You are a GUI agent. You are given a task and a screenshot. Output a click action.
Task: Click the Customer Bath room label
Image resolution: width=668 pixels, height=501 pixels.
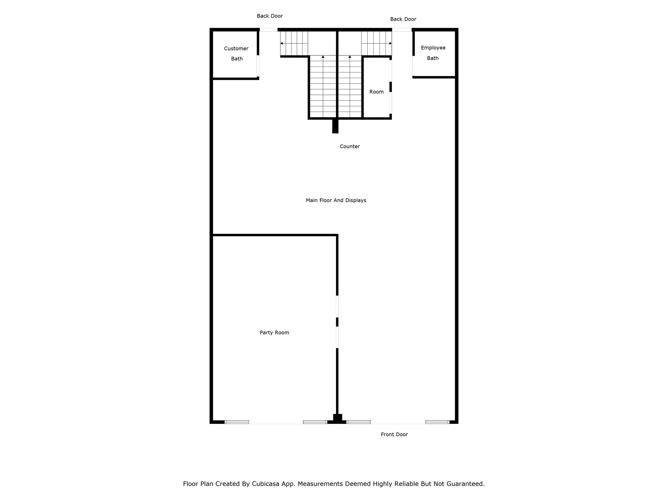point(236,53)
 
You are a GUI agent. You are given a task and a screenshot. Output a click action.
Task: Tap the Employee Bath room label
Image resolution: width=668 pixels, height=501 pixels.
point(433,53)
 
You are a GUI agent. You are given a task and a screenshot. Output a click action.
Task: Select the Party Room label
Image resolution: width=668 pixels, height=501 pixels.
point(274,332)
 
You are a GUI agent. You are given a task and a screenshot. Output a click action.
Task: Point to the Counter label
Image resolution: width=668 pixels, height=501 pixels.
point(349,146)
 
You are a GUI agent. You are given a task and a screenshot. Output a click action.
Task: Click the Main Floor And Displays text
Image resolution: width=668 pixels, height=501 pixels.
point(336,200)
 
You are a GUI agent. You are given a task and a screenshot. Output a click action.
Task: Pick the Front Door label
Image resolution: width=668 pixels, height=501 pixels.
point(394,434)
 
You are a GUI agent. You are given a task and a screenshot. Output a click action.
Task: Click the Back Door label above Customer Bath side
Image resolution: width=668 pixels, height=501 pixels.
point(270,16)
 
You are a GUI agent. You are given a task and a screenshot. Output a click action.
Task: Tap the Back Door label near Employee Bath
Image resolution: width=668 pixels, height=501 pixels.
point(403,19)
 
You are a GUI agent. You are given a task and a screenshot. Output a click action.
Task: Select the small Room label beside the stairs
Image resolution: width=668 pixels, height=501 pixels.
point(376,92)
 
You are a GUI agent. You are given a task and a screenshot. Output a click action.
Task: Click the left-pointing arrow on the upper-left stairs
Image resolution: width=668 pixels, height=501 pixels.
point(282,43)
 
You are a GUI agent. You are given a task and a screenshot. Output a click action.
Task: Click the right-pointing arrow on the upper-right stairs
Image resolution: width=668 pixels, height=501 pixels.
point(390,43)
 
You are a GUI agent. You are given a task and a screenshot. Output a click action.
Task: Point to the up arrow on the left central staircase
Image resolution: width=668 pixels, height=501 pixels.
point(323,57)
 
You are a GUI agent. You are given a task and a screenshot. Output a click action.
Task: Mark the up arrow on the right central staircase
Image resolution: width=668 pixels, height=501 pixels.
point(350,57)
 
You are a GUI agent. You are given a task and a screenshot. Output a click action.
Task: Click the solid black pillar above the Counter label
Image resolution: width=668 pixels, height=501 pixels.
point(335,126)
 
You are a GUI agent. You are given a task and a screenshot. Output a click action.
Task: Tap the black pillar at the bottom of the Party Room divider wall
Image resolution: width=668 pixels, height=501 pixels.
point(337,419)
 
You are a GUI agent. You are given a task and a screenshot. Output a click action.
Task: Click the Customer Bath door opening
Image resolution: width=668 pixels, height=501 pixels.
point(258,66)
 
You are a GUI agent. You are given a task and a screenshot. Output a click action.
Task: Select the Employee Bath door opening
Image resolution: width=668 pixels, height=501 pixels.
point(413,66)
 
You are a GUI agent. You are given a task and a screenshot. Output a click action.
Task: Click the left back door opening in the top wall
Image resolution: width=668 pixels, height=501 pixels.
point(268,30)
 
